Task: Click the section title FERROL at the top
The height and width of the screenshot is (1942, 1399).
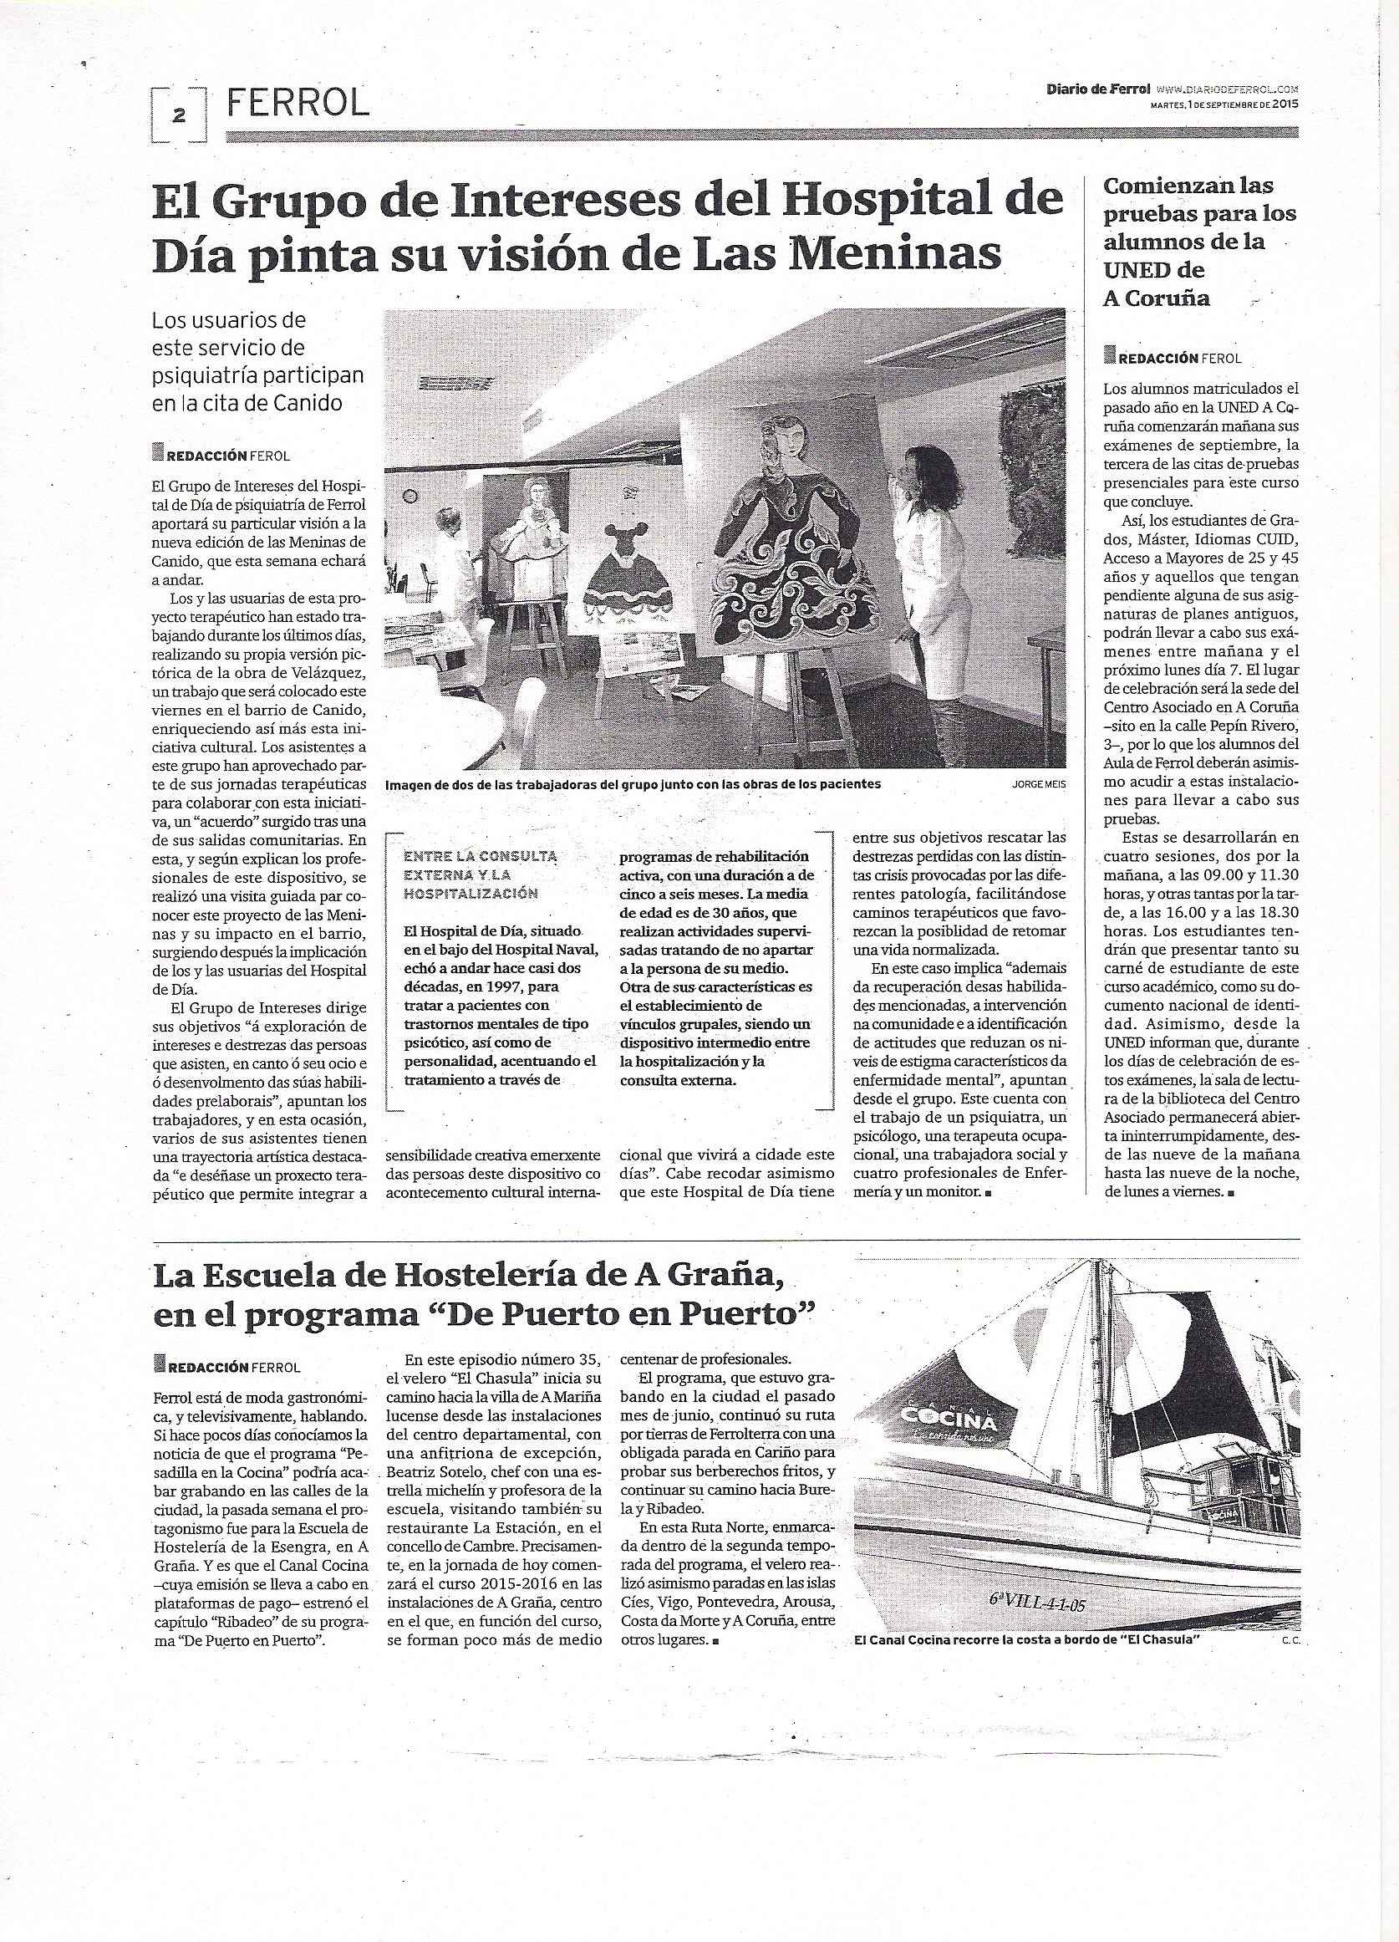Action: [297, 104]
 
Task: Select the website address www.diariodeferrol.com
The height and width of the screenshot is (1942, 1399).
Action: [1226, 89]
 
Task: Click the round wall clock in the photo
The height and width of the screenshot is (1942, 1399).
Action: [410, 496]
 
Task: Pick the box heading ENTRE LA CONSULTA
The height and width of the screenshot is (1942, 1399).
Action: [480, 855]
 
